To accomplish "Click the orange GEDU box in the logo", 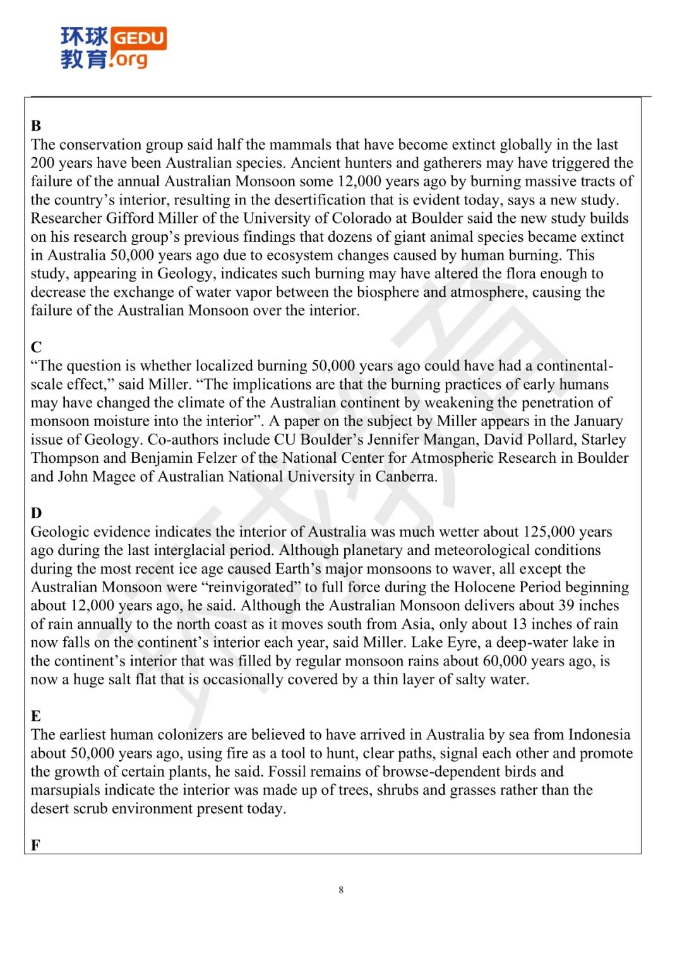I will coord(139,38).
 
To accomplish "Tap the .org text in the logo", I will coord(129,59).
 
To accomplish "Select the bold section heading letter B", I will coord(36,126).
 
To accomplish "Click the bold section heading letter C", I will coord(36,347).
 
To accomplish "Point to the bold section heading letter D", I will coord(36,513).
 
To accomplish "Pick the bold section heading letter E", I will coord(36,716).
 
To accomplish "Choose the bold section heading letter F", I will coord(35,845).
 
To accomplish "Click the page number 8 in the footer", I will coord(341,890).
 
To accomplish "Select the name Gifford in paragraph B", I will coord(131,218).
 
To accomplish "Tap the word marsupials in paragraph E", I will coord(66,790).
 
